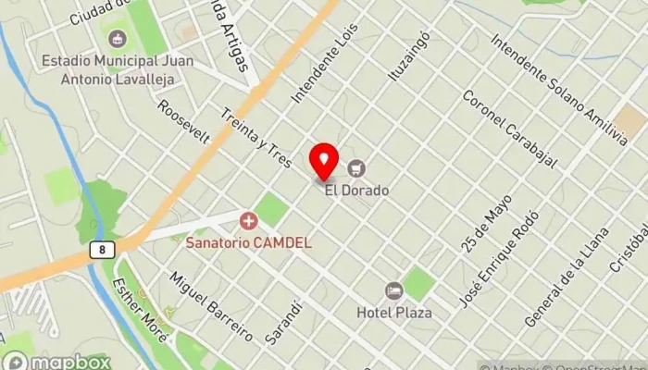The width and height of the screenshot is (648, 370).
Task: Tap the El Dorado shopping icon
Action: pos(357,168)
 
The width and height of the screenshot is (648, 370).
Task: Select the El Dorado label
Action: pos(356,191)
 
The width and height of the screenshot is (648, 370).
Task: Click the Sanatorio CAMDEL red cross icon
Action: pos(248,221)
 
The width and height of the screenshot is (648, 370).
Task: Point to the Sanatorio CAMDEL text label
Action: pos(248,243)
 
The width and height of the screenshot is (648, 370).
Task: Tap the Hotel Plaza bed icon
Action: pos(394,290)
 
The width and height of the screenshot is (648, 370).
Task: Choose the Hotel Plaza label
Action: pos(394,313)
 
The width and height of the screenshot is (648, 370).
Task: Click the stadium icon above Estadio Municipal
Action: pos(117,39)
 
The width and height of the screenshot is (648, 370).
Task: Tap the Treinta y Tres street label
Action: pos(256,137)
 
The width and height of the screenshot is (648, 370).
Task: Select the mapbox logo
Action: pos(57,361)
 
